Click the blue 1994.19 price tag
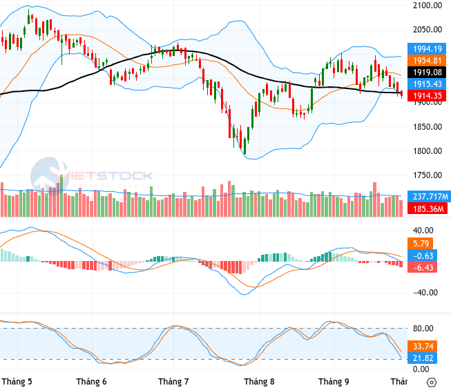(427, 49)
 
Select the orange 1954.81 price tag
(427, 61)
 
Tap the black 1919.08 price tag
(427, 72)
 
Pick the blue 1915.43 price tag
(427, 84)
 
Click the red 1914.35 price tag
(427, 95)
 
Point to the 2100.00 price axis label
(428, 5)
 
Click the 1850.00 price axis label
(428, 127)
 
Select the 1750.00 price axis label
(428, 175)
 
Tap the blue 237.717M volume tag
(429, 197)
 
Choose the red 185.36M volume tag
(428, 208)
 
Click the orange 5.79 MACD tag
(420, 244)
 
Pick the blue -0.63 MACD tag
(422, 255)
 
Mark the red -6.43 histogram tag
(422, 267)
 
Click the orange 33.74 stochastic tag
(422, 346)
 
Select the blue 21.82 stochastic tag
(422, 358)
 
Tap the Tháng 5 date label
(17, 382)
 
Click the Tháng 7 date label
(173, 382)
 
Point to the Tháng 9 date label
(334, 382)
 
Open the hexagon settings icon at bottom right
(432, 382)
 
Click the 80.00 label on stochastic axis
(423, 329)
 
